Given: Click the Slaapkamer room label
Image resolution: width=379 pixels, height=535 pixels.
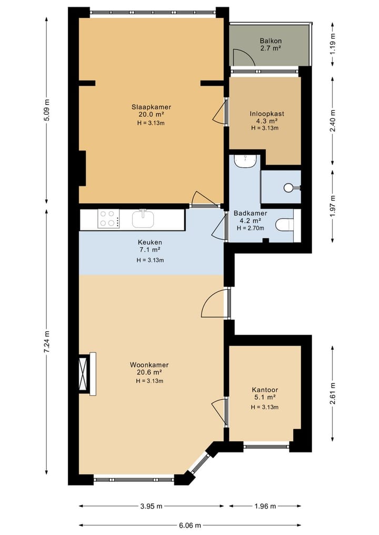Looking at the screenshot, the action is click(x=151, y=107).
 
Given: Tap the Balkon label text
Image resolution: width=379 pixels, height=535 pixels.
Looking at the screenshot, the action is click(x=271, y=41).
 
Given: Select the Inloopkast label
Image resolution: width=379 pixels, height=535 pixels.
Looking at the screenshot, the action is click(x=267, y=114).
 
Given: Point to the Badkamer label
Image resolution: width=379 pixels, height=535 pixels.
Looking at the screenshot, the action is click(x=250, y=213).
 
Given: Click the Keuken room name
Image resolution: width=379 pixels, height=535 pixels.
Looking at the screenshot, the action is click(x=150, y=243).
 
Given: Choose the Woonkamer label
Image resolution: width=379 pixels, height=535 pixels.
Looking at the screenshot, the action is click(x=149, y=365).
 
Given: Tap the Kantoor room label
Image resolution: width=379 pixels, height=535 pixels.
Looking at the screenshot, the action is click(x=265, y=390).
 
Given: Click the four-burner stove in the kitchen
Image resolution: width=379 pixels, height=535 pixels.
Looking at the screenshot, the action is click(x=108, y=219).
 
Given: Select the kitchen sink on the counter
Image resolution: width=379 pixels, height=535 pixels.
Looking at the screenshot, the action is click(x=143, y=218).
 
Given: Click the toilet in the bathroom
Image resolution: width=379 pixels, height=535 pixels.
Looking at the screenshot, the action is click(x=284, y=225).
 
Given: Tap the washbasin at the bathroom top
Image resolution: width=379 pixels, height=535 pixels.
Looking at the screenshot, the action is click(x=245, y=161).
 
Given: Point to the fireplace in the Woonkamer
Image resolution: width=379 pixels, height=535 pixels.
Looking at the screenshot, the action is click(x=87, y=374).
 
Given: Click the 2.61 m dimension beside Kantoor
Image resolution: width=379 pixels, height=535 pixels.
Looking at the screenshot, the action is click(x=333, y=393).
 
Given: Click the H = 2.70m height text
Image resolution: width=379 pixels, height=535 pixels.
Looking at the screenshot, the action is click(x=250, y=228).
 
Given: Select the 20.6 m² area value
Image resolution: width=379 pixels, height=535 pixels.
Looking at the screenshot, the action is click(x=149, y=372).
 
